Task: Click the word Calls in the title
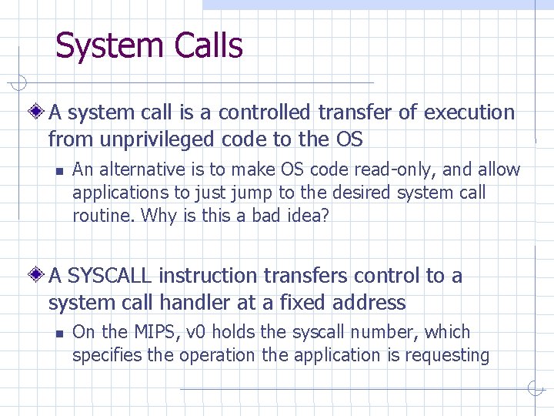tap(209, 45)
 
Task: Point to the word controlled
tap(264, 112)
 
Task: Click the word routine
tap(102, 216)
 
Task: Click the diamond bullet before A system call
tap(38, 112)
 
